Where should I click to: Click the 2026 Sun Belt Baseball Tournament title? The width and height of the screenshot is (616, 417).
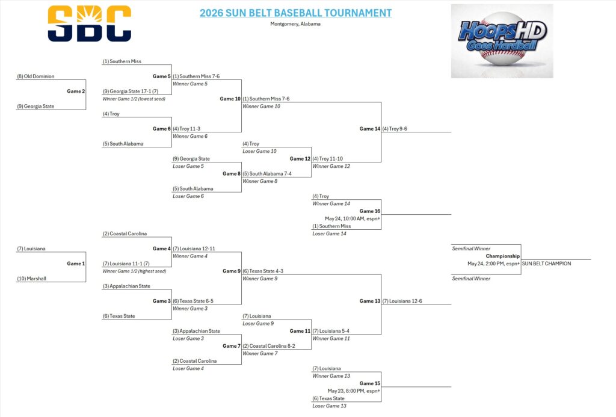click(295, 13)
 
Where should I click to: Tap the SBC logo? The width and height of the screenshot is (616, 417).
click(90, 23)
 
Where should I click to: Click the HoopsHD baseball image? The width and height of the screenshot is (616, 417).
click(502, 41)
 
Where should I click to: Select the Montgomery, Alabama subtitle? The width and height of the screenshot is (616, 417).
click(295, 24)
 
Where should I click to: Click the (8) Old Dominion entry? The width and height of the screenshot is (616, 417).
click(35, 76)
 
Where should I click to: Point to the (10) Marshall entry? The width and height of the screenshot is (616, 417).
click(31, 279)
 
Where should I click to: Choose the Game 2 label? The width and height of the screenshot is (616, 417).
click(76, 91)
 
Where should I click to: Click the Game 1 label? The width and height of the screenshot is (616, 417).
click(76, 264)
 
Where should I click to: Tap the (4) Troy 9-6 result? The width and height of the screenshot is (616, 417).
click(395, 129)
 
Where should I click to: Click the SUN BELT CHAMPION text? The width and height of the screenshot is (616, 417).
click(546, 264)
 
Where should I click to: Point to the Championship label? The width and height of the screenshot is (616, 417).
click(503, 256)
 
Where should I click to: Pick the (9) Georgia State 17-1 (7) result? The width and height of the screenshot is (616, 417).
click(131, 91)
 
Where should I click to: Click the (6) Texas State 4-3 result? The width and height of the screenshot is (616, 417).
click(263, 271)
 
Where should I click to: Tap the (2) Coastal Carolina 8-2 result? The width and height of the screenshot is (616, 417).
click(269, 346)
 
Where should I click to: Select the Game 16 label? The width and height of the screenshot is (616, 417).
click(370, 211)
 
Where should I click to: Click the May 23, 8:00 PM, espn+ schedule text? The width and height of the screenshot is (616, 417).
click(354, 391)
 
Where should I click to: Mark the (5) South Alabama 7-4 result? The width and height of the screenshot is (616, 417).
click(267, 174)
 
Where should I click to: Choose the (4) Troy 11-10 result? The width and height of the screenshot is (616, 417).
click(328, 159)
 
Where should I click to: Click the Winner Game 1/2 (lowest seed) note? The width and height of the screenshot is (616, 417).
click(134, 99)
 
